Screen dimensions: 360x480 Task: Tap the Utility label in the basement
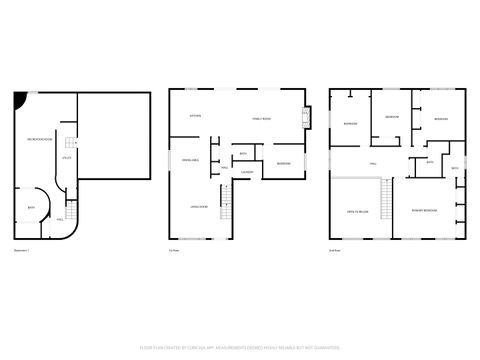tap(66, 158)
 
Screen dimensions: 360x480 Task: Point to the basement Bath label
tap(31, 207)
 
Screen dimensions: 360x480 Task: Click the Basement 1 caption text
tap(22, 249)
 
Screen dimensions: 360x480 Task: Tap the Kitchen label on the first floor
tap(196, 116)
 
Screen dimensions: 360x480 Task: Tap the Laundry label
tap(246, 172)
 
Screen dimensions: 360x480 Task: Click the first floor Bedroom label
tap(284, 163)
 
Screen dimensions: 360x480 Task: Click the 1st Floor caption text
tap(174, 249)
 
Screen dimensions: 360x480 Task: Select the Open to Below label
tap(357, 212)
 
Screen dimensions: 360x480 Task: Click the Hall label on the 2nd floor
tap(373, 163)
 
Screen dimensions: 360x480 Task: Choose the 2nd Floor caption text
tap(335, 249)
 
